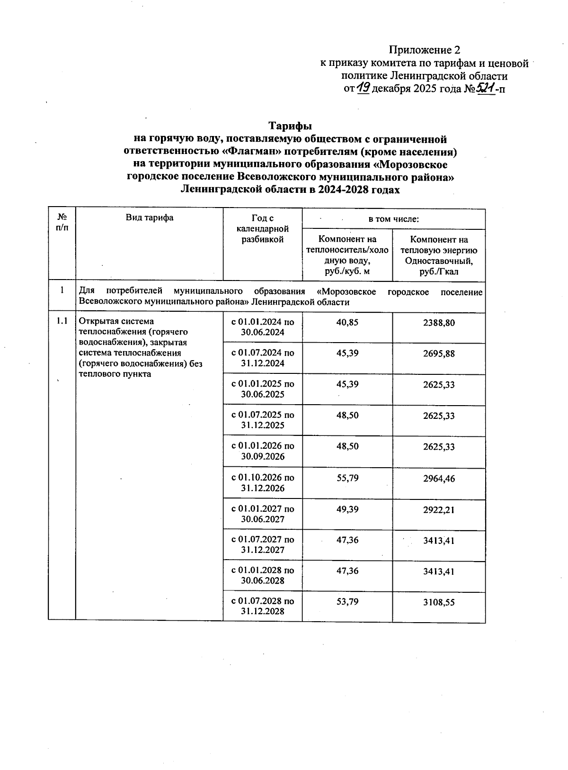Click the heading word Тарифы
click(290, 126)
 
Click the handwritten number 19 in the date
click(364, 88)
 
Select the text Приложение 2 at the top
click(424, 50)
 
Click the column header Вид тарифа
click(150, 217)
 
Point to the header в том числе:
click(393, 219)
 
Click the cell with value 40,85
click(347, 322)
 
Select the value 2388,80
click(439, 323)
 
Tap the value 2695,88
click(439, 353)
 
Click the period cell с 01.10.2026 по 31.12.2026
click(263, 482)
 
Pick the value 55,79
click(347, 478)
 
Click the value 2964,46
click(439, 479)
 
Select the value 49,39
click(347, 509)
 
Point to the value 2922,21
click(439, 510)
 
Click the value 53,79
click(347, 602)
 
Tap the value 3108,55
click(439, 602)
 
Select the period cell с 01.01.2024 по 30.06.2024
click(263, 327)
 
